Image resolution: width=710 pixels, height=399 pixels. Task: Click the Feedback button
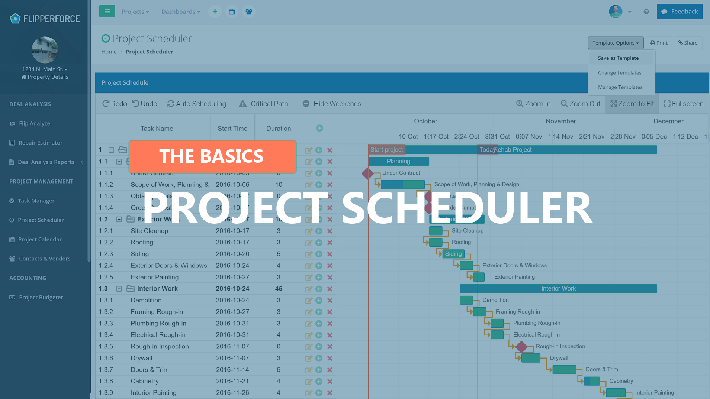coord(680,12)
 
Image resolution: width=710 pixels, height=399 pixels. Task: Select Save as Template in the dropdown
coord(618,58)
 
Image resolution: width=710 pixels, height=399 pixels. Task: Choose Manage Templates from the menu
coord(620,87)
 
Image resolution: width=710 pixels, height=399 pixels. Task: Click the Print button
coord(659,43)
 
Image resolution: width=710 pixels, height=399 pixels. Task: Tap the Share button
coord(688,43)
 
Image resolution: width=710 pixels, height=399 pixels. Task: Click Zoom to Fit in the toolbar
coord(632,104)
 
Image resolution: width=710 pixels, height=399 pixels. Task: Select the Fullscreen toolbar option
coord(684,104)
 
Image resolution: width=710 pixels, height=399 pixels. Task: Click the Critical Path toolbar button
coord(263,104)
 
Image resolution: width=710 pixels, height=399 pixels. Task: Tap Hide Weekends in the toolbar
coord(332,104)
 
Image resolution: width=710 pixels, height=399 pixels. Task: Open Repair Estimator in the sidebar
coord(41,143)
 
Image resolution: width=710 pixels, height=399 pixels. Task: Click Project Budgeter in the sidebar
coord(41,297)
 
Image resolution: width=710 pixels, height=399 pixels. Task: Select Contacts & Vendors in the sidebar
coord(45,259)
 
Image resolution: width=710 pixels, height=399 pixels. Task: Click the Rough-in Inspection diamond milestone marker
coord(521,347)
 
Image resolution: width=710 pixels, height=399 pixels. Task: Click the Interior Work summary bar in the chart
coord(558,289)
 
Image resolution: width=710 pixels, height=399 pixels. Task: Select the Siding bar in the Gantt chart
coord(453,254)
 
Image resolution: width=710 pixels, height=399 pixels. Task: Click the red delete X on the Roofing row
coord(330,243)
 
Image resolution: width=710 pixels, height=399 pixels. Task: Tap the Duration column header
coord(279,129)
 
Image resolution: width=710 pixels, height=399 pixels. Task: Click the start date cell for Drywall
coord(232,358)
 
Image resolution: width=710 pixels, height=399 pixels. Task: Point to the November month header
coord(560,121)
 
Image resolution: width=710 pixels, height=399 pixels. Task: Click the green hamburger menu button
coord(107,12)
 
